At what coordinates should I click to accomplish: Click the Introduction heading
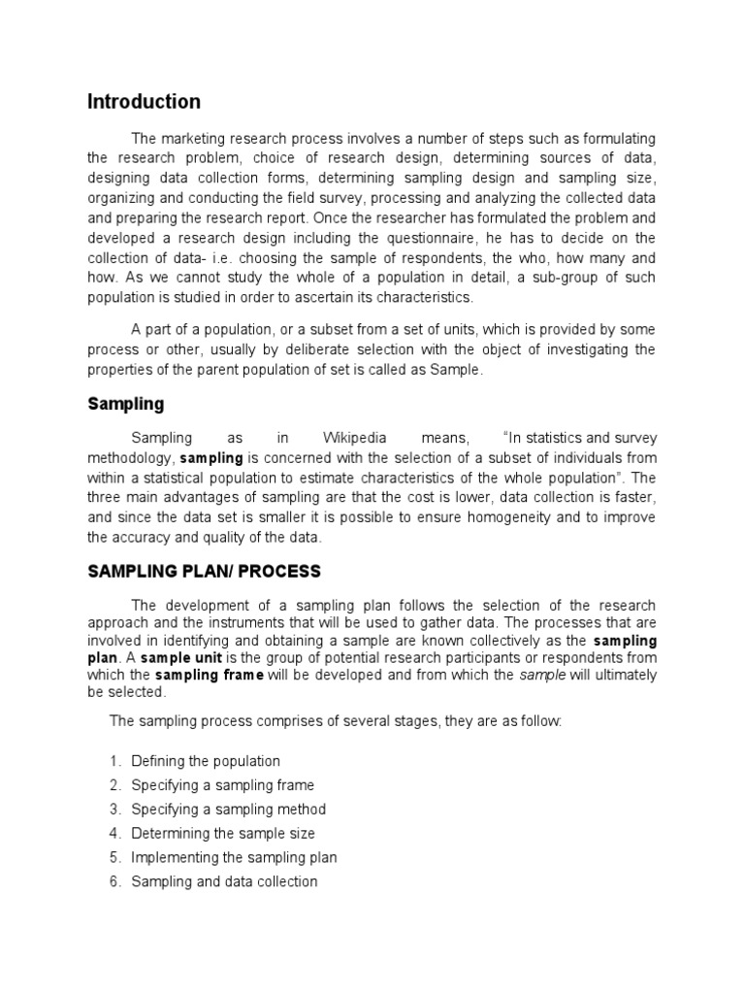tap(144, 102)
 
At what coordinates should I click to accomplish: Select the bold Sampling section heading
tap(126, 403)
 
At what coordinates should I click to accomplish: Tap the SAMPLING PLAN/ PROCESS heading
tap(204, 571)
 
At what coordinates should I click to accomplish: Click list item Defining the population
tap(206, 761)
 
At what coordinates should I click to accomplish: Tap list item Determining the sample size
tap(223, 833)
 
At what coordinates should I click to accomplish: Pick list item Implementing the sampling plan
tap(234, 857)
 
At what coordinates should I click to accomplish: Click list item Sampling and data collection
tap(224, 881)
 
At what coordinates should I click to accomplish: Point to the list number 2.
tap(113, 785)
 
